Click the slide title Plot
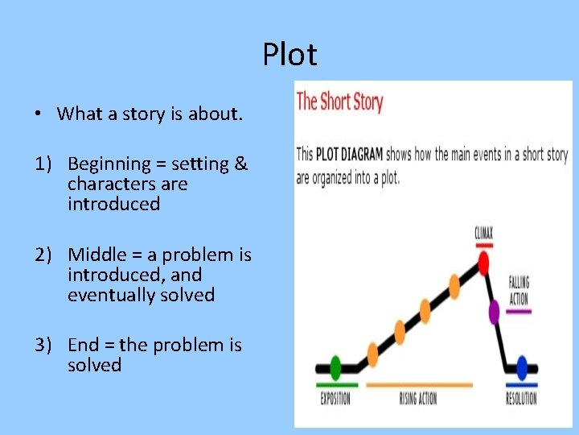tap(289, 55)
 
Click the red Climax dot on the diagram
tap(483, 263)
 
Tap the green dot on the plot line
tap(335, 367)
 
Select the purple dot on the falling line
tap(494, 309)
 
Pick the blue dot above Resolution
tap(522, 368)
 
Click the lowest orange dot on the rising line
tap(372, 354)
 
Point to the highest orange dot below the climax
tap(454, 284)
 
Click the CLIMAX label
tap(483, 234)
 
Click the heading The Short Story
tap(339, 102)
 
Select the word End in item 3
tap(84, 346)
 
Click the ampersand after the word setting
tap(241, 164)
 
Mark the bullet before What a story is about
tap(39, 114)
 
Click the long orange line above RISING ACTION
tap(419, 385)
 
